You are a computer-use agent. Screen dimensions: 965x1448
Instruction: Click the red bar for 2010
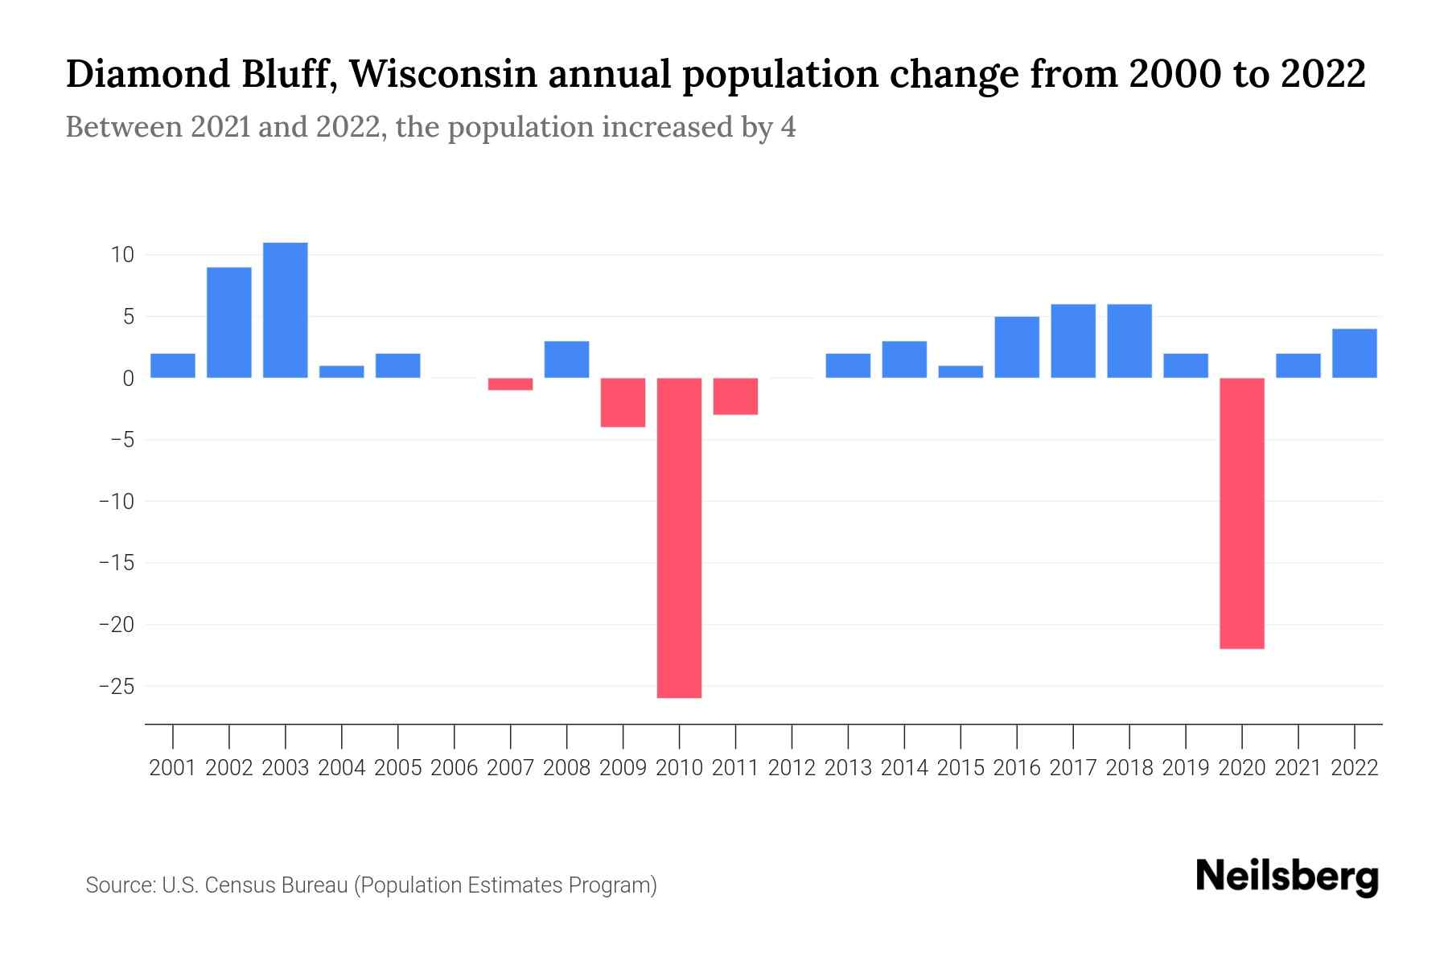[679, 537]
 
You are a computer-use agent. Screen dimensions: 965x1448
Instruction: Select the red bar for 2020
[1242, 513]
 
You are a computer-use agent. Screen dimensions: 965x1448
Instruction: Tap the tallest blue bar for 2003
[286, 310]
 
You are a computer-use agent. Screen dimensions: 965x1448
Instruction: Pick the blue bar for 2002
[229, 322]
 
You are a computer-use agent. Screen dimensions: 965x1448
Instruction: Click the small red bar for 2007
[510, 384]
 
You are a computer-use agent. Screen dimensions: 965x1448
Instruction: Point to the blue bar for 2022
[1355, 354]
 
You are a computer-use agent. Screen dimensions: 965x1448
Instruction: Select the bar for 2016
[1017, 347]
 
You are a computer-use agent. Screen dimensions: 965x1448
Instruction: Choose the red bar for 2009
[623, 402]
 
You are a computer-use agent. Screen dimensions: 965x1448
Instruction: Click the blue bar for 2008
[566, 359]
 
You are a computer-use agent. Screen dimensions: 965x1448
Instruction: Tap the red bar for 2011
[735, 396]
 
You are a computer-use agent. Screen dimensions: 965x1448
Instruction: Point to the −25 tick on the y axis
[116, 687]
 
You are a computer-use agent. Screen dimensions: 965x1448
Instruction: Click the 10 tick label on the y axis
[122, 256]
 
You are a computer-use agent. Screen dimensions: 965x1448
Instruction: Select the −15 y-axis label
[116, 563]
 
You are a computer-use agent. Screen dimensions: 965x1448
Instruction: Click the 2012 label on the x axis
[792, 768]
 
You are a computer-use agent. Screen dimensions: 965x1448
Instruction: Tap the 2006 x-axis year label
[454, 768]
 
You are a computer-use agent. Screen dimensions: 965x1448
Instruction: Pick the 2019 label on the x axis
[1186, 768]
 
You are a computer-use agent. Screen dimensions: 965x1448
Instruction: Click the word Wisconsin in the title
[444, 75]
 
